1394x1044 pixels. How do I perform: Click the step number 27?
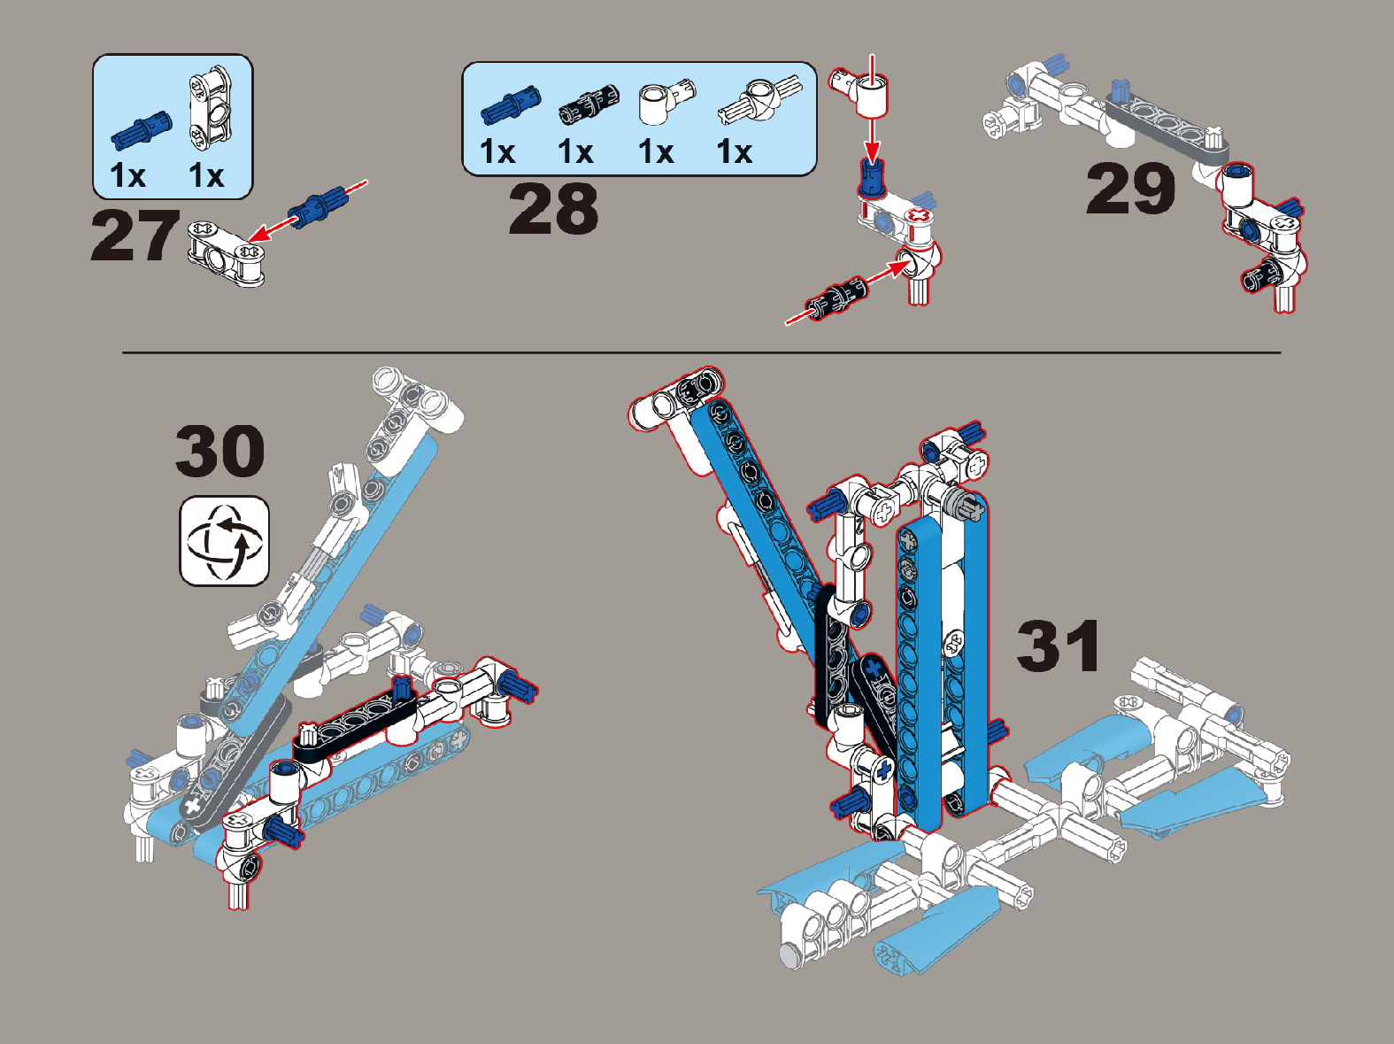click(x=135, y=236)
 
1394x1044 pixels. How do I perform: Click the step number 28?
click(x=553, y=208)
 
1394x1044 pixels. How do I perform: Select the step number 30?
click(x=219, y=451)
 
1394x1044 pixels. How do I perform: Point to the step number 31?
click(x=1058, y=646)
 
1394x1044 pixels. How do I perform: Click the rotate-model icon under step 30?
click(x=224, y=541)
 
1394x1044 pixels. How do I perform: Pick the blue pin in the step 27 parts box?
click(x=141, y=130)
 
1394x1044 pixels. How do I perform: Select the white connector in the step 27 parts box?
click(x=212, y=107)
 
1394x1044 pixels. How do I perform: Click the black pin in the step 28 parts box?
click(x=588, y=104)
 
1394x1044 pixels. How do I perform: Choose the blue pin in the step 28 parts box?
click(x=510, y=104)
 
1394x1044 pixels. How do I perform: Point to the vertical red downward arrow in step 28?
click(x=873, y=109)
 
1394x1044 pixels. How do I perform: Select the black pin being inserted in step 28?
click(x=836, y=298)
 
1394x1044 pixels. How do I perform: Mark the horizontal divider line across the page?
click(x=701, y=352)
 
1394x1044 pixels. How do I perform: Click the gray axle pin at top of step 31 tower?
click(x=964, y=502)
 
